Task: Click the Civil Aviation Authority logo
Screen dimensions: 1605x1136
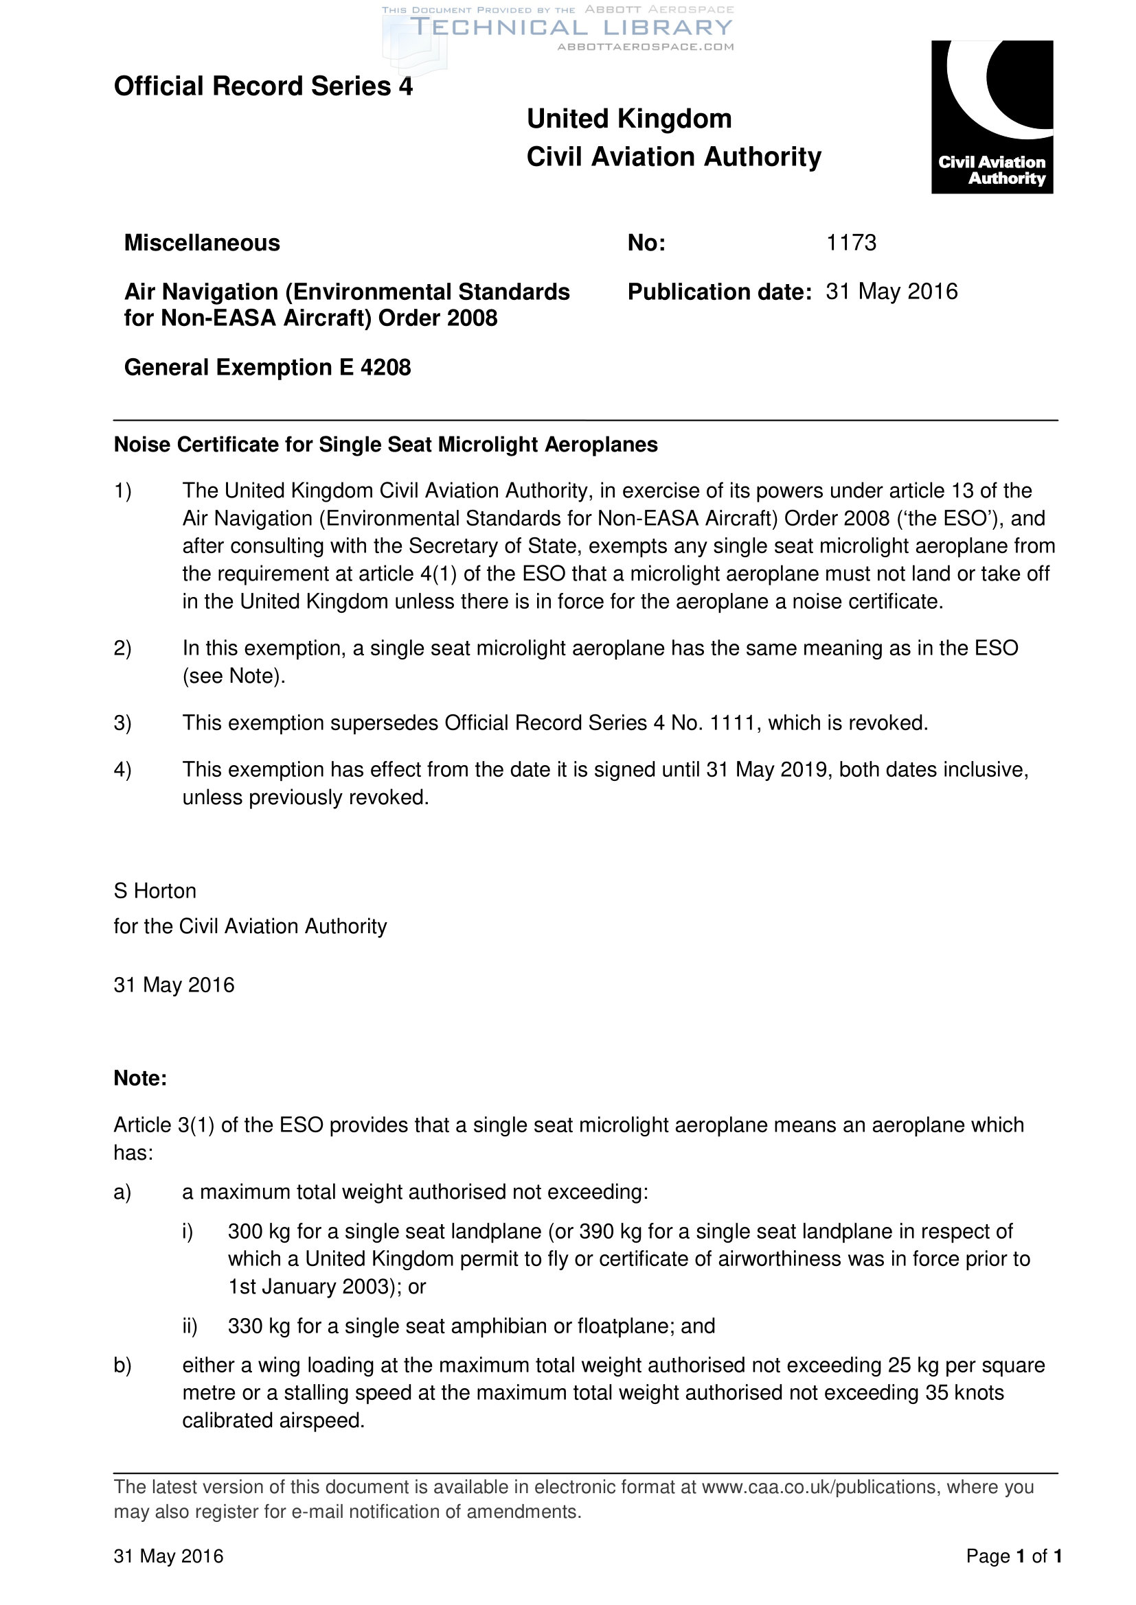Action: click(x=991, y=117)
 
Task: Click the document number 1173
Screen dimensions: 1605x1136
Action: click(x=850, y=242)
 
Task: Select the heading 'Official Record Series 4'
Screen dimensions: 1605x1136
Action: click(x=263, y=86)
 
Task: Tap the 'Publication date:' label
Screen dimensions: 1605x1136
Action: click(x=719, y=292)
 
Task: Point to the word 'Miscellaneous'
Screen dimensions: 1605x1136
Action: click(x=202, y=242)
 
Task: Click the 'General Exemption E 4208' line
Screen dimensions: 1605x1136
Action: click(x=267, y=367)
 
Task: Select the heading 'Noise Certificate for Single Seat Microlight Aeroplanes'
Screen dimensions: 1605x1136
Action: click(x=385, y=445)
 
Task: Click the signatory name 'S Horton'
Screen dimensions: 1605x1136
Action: click(x=155, y=891)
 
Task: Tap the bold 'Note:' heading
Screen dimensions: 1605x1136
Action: click(x=140, y=1078)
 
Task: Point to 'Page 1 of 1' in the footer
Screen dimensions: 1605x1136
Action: click(x=1014, y=1556)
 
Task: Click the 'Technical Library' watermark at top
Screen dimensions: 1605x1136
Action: click(x=570, y=28)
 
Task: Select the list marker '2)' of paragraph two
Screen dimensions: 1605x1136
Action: click(x=122, y=648)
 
